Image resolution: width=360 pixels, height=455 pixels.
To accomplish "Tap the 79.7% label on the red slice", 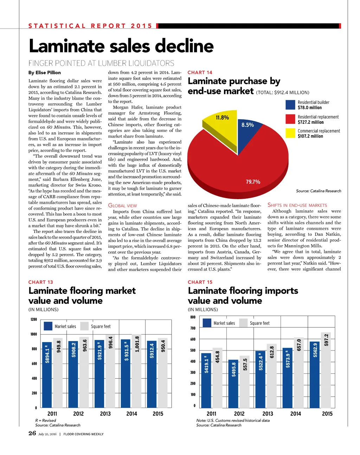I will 253,182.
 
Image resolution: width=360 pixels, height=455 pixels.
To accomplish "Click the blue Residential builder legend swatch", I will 290,105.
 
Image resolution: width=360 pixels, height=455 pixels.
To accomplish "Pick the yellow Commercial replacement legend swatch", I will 290,133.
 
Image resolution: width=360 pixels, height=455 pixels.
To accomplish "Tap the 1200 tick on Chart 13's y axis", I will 34,320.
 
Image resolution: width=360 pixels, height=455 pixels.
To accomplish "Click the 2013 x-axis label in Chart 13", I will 105,414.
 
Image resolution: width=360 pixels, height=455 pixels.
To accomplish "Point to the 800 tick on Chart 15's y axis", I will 193,317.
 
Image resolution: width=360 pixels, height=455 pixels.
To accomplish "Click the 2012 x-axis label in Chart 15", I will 239,414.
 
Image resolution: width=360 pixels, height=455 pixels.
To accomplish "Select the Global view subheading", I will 122,206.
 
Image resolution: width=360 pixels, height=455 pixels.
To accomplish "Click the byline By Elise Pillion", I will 44,73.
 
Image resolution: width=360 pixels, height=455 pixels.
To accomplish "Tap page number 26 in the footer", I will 32,433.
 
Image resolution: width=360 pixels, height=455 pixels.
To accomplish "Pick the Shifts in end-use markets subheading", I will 297,205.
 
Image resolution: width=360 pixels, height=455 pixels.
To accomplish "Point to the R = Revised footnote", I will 45,421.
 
